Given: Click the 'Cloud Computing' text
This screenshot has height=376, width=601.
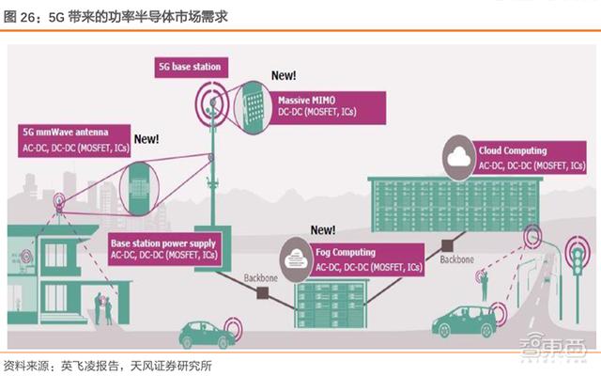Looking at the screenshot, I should [513, 150].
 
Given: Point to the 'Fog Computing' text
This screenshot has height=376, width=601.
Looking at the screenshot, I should [347, 253].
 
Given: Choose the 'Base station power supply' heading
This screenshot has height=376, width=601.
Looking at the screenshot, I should [161, 242].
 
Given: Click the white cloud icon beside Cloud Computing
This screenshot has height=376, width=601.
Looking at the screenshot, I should [461, 158].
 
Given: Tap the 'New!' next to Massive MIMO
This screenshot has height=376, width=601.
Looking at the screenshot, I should [284, 73].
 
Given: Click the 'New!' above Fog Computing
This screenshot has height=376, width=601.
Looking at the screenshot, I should [322, 229].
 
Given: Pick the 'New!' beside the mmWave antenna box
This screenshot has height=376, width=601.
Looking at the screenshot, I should [146, 138].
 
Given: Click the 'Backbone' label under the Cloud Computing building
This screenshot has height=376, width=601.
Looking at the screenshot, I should [456, 258].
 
